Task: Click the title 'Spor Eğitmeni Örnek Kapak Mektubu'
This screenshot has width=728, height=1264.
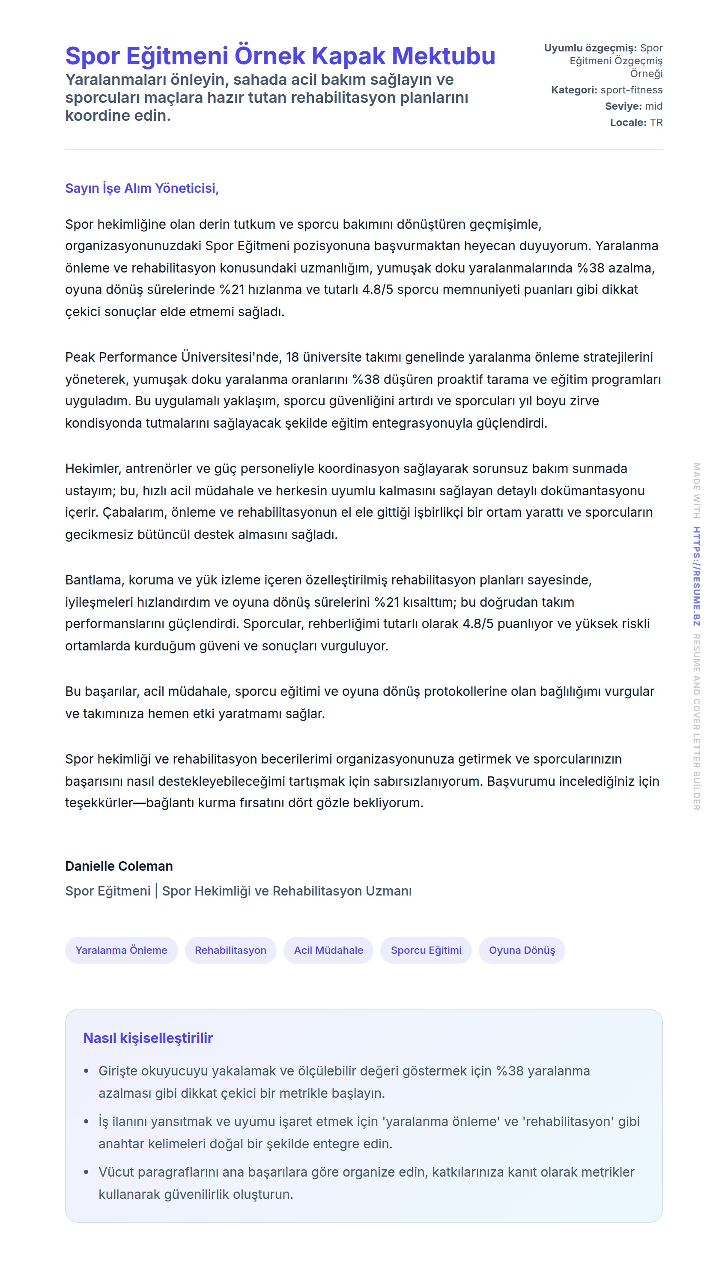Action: pyautogui.click(x=280, y=56)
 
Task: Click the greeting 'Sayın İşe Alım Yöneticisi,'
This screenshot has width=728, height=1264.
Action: pyautogui.click(x=142, y=188)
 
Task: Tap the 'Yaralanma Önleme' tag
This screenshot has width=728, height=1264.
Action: pyautogui.click(x=121, y=950)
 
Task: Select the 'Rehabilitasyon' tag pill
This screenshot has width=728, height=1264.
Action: pyautogui.click(x=230, y=950)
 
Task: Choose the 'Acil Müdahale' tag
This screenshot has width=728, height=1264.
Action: pyautogui.click(x=328, y=950)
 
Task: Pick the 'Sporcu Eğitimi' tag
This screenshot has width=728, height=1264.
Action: pyautogui.click(x=426, y=950)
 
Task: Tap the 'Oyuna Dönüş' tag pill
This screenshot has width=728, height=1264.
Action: pyautogui.click(x=522, y=950)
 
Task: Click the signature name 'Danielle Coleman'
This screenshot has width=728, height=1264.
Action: pyautogui.click(x=119, y=866)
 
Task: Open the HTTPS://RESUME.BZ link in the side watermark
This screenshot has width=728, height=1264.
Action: pyautogui.click(x=696, y=576)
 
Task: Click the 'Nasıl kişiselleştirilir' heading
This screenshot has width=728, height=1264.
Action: pyautogui.click(x=148, y=1038)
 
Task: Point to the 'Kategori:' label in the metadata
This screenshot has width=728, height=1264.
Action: pyautogui.click(x=574, y=90)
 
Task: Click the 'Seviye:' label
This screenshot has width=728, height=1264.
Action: pyautogui.click(x=623, y=106)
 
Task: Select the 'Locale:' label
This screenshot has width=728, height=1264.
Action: pyautogui.click(x=628, y=123)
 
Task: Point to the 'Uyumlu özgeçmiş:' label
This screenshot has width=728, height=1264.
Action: pyautogui.click(x=590, y=48)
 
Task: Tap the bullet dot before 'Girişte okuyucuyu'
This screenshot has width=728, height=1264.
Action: pyautogui.click(x=87, y=1072)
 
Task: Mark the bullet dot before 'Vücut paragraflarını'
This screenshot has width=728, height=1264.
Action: pyautogui.click(x=87, y=1172)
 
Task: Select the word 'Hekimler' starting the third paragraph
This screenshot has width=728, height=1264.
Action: pyautogui.click(x=93, y=469)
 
